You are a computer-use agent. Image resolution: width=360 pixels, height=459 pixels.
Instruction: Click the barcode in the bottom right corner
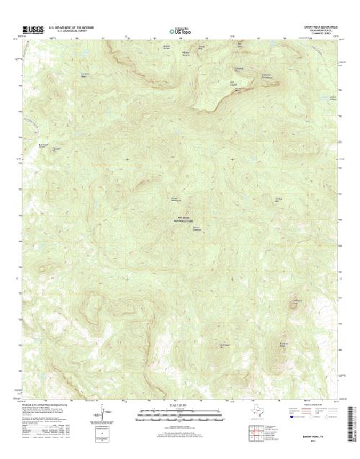[352, 426]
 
